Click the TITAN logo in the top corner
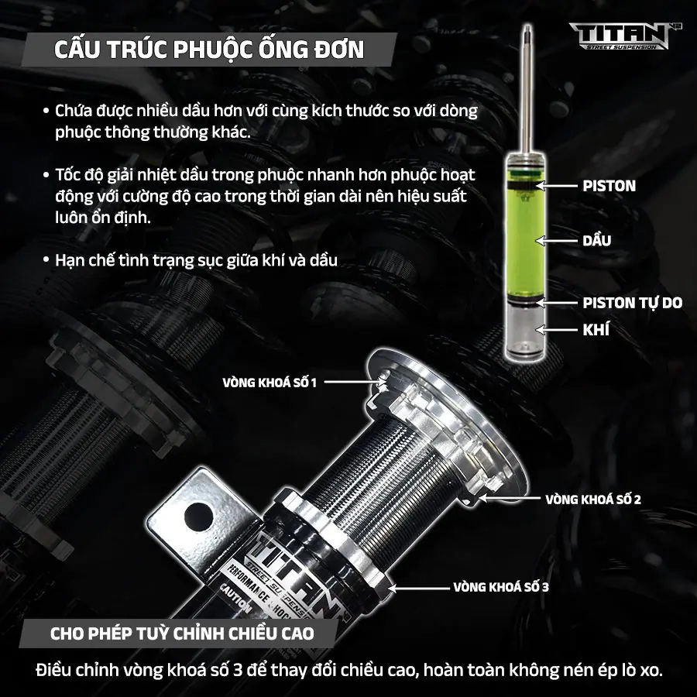point(620,36)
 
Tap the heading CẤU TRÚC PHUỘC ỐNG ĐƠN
point(209,50)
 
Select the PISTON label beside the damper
point(609,186)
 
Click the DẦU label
point(596,241)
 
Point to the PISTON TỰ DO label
point(632,303)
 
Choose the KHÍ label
point(596,329)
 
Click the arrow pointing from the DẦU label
point(556,241)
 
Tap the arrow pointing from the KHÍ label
point(556,330)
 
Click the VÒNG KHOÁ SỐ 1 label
point(270,383)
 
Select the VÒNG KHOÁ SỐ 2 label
point(593,500)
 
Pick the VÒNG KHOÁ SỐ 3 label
point(501,587)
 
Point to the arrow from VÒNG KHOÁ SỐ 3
point(419,588)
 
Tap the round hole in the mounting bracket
point(198,517)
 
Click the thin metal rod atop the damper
point(527,88)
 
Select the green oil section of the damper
point(525,240)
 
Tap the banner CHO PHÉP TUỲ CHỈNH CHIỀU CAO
point(182,633)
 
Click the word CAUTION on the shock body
point(235,599)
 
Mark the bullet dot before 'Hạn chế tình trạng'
point(46,259)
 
